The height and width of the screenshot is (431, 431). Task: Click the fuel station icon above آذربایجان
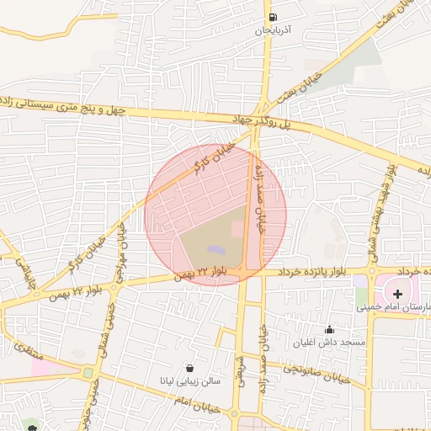[272, 18]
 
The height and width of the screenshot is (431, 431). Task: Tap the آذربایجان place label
[273, 30]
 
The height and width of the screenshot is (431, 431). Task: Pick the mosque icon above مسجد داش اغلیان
[329, 329]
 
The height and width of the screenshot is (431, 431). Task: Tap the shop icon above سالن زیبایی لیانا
[189, 368]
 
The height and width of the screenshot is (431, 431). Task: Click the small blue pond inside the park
[215, 250]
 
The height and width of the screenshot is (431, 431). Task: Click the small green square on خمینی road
[88, 372]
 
